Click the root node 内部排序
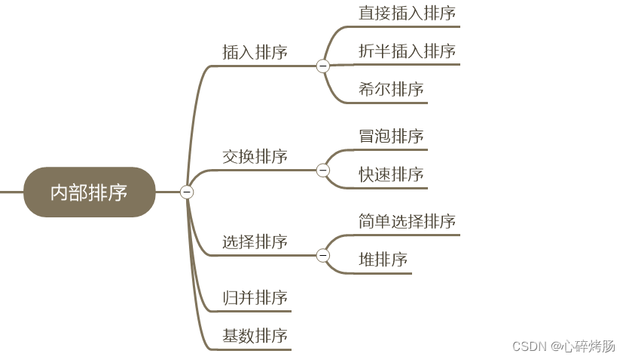point(89,192)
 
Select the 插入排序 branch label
point(255,52)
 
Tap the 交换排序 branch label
point(255,156)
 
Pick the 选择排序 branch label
point(255,242)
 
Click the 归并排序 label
point(255,298)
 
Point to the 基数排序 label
point(255,336)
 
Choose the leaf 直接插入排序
point(407,13)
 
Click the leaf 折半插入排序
point(407,51)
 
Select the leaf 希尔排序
point(391,89)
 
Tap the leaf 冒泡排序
point(391,136)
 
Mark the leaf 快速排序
point(391,174)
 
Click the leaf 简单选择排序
point(407,221)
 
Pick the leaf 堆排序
point(383,260)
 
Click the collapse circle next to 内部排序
point(187,192)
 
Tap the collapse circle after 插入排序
point(323,66)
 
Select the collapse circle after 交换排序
point(323,171)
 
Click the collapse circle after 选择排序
point(323,256)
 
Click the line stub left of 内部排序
point(11,192)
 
